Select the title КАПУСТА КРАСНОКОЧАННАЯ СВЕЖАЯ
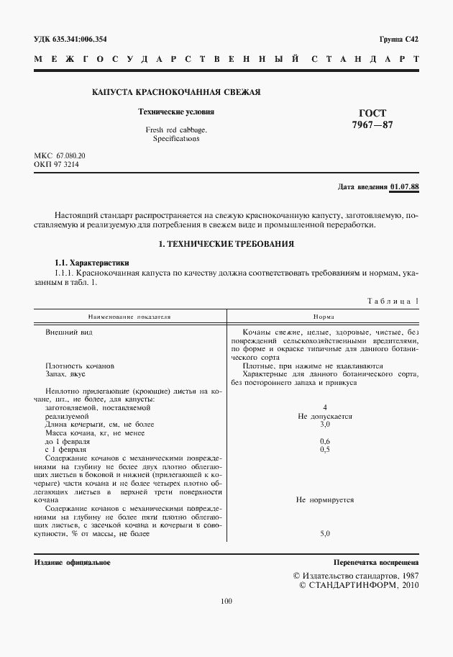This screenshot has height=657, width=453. click(x=176, y=92)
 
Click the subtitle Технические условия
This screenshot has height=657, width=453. click(x=176, y=112)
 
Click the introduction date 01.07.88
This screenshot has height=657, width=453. click(x=404, y=187)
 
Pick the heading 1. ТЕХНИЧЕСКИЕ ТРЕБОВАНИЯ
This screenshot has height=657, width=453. click(x=226, y=245)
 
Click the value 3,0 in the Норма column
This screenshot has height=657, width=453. click(x=325, y=425)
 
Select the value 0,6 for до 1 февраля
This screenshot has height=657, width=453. click(x=325, y=440)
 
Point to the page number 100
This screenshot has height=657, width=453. click(x=226, y=602)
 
